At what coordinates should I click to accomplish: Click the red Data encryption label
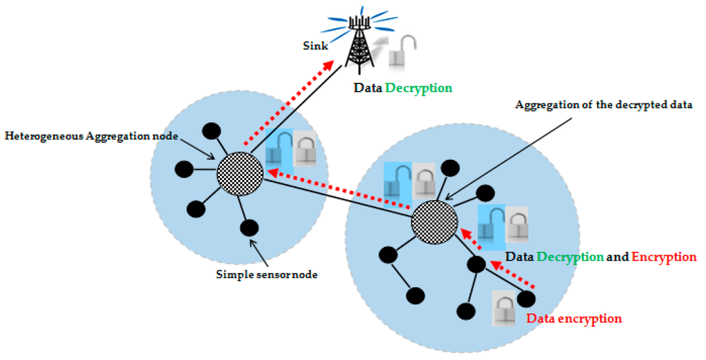click(x=574, y=319)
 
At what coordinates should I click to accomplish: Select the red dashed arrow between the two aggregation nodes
click(x=338, y=190)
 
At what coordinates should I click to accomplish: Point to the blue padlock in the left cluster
click(x=280, y=150)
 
